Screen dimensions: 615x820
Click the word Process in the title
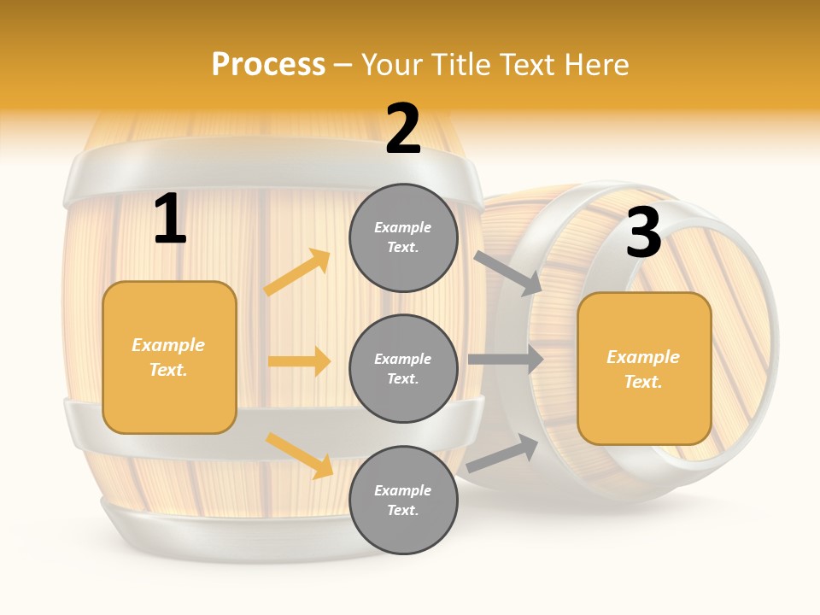(268, 64)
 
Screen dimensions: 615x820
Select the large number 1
(170, 220)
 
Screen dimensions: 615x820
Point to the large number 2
(403, 129)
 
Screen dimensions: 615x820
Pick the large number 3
(643, 232)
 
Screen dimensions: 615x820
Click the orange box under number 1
(169, 357)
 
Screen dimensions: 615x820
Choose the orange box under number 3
(644, 369)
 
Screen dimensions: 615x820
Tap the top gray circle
(403, 237)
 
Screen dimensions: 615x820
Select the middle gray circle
(403, 368)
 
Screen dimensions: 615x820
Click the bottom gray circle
(403, 500)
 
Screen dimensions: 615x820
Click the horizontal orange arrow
(299, 361)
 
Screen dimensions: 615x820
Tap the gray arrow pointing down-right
(508, 272)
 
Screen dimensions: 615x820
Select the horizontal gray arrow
(506, 359)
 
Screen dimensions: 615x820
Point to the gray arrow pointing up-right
(503, 454)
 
